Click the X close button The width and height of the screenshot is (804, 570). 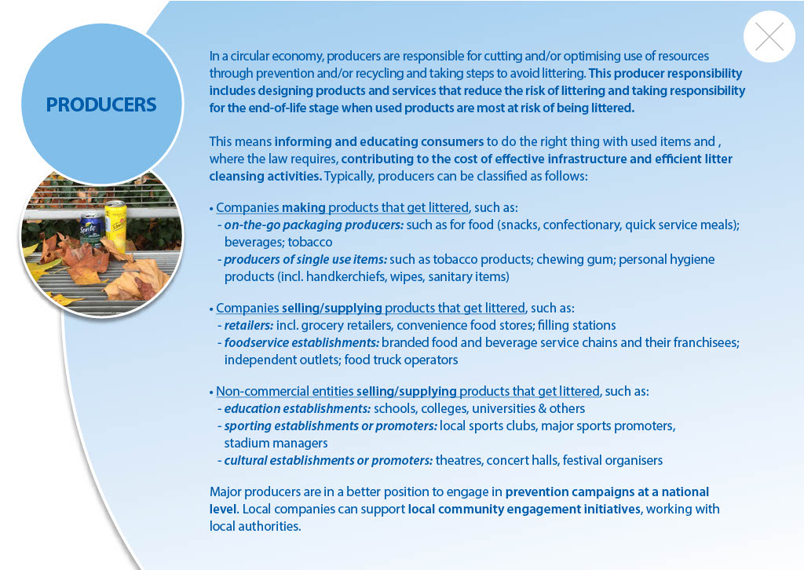coord(769,36)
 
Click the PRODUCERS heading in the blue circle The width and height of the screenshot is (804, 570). coord(101,104)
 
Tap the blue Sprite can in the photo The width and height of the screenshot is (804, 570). coord(93,229)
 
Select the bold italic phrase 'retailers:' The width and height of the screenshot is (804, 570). coord(249,326)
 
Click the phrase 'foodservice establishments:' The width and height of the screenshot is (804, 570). coord(301,342)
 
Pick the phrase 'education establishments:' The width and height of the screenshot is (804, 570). coord(298,408)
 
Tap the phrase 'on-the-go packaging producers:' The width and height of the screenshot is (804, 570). coord(314,225)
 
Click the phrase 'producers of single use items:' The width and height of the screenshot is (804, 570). coord(305,259)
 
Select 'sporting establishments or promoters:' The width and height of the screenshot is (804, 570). coord(331,426)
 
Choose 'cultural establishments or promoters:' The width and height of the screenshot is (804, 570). coord(329,460)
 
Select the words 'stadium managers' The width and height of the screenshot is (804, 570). coord(276,443)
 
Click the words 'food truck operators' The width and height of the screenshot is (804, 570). coord(401,360)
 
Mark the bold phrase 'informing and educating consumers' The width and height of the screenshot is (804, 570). coord(379,141)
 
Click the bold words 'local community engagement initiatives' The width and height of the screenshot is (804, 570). coord(524,509)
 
